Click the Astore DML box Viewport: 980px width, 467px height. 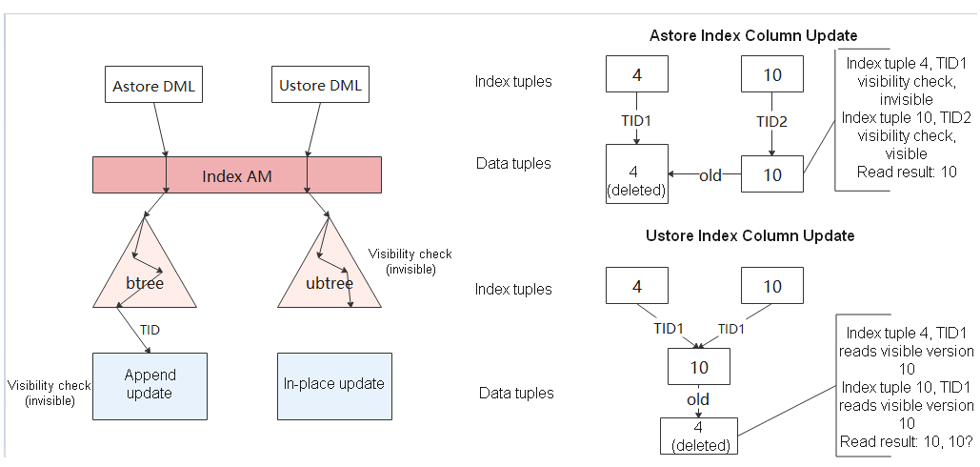tap(152, 86)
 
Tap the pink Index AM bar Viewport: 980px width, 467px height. tap(236, 175)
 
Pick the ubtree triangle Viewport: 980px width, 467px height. tap(329, 272)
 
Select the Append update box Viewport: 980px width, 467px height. tap(150, 385)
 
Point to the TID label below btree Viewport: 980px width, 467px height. tap(150, 329)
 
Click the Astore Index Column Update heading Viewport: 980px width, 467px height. tap(752, 36)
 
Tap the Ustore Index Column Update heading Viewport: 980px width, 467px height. tap(750, 235)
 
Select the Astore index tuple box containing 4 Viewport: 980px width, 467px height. tap(637, 73)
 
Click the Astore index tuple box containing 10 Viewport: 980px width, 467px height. tap(771, 73)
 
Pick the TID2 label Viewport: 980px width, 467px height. tap(770, 121)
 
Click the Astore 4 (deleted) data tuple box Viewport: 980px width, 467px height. tap(637, 174)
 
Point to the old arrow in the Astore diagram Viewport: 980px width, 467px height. tap(710, 175)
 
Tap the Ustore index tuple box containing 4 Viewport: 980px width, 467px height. tap(637, 286)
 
